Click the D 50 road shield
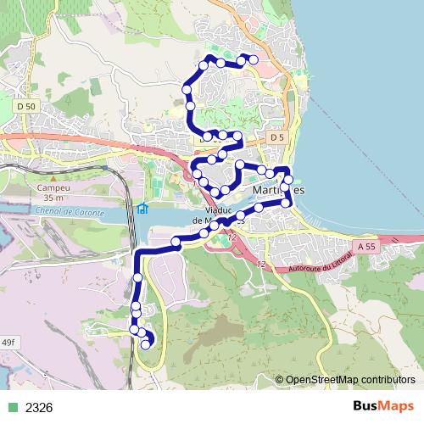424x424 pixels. point(25,107)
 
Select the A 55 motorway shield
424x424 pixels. point(366,246)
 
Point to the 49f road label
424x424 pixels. point(8,341)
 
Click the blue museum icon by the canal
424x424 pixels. point(142,209)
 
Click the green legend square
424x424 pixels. point(12,407)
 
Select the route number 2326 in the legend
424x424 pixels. point(39,407)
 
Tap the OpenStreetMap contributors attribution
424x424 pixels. point(349,380)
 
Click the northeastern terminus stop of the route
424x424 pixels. point(252,59)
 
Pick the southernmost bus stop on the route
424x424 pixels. point(146,343)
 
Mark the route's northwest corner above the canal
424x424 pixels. point(138,253)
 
